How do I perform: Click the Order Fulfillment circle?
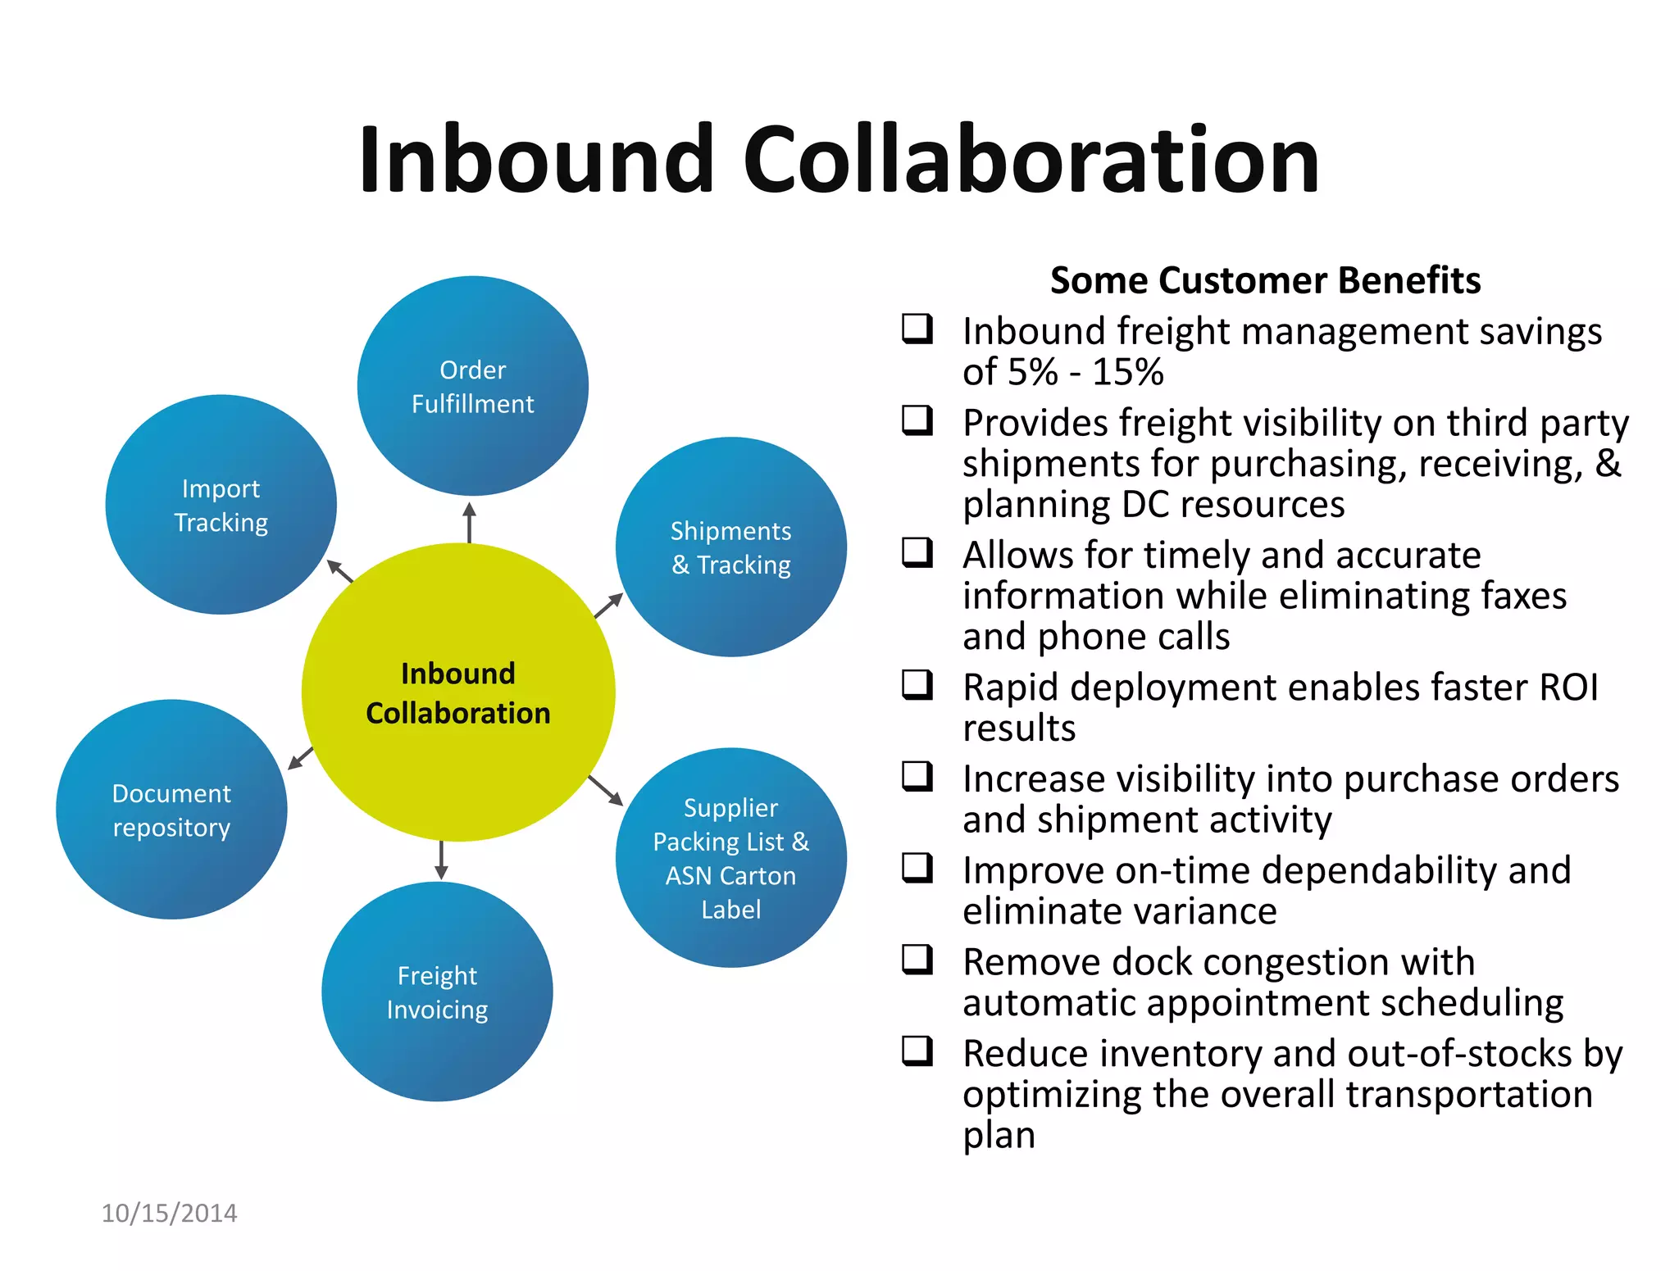point(472,386)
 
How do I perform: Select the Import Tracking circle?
point(221,505)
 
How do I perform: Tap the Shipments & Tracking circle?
point(730,547)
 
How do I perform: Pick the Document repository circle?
point(171,810)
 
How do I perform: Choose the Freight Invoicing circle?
point(437,992)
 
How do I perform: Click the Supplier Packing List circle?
point(730,858)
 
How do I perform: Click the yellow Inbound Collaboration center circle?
point(457,693)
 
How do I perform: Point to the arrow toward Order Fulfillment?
point(469,523)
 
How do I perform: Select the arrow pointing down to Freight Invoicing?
point(441,860)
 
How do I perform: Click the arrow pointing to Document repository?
point(301,758)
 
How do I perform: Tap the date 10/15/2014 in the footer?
point(169,1213)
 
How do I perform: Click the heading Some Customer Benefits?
point(1265,280)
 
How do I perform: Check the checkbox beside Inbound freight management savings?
point(917,329)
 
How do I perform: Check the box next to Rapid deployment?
point(917,684)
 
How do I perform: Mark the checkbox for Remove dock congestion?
point(917,959)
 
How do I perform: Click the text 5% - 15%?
point(1085,372)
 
